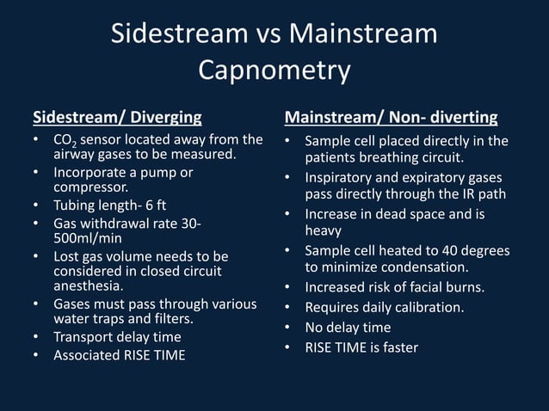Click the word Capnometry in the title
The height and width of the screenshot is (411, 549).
click(274, 70)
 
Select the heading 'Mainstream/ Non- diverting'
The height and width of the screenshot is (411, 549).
click(391, 116)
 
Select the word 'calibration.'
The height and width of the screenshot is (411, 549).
click(433, 306)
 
